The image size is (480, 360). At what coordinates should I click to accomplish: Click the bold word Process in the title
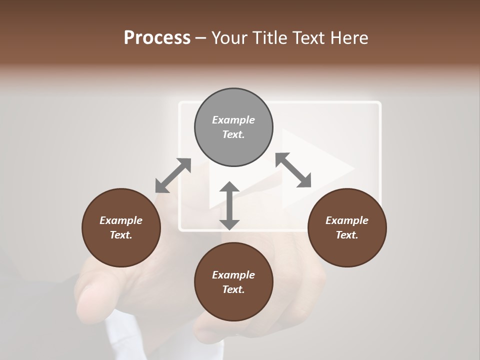click(x=157, y=38)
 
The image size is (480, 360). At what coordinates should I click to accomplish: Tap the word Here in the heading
click(x=349, y=38)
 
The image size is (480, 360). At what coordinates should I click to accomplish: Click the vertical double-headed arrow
click(x=229, y=205)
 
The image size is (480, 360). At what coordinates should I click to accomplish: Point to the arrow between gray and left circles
click(x=173, y=175)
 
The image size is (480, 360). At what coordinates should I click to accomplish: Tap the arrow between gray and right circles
click(x=293, y=170)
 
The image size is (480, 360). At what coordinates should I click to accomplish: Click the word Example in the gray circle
click(x=233, y=120)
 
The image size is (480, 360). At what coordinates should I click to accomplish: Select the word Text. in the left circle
click(x=121, y=235)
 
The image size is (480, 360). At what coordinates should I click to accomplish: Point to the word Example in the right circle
click(x=347, y=220)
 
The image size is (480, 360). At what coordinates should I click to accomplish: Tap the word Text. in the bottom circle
click(x=233, y=289)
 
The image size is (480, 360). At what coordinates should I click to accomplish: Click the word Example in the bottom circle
click(x=233, y=275)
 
